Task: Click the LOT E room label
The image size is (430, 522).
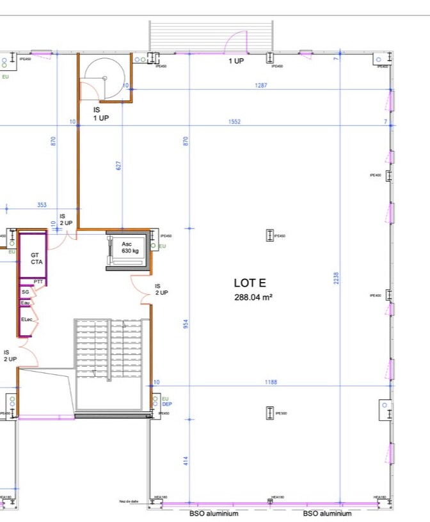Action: click(x=250, y=283)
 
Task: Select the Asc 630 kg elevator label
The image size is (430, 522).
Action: click(x=130, y=248)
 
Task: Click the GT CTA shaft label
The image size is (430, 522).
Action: click(x=36, y=258)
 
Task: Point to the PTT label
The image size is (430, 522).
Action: click(x=38, y=281)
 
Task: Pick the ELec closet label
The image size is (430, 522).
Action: click(x=27, y=319)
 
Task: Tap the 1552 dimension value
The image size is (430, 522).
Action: click(x=234, y=122)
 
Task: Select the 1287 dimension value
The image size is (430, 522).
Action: click(x=260, y=85)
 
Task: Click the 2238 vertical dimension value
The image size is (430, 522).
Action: click(x=337, y=279)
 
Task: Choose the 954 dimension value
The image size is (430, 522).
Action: click(x=186, y=324)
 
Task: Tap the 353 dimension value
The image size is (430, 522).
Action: click(x=42, y=205)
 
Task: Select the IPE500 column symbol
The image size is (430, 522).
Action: click(x=269, y=413)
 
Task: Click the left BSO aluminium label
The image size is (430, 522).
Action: click(x=214, y=514)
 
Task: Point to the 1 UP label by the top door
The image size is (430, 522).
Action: click(x=236, y=61)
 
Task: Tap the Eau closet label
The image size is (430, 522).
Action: click(x=25, y=303)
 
